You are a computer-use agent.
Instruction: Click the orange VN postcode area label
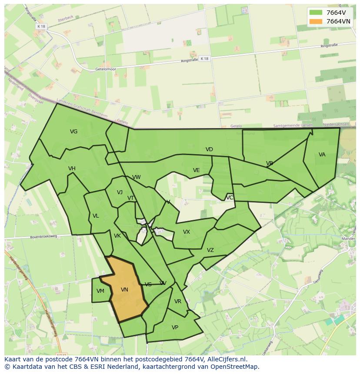pos(124,290)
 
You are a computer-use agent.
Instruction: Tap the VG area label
pos(73,132)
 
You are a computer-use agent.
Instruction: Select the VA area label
pos(322,155)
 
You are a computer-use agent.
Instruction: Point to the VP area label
pos(175,328)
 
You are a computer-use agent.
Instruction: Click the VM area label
pos(100,291)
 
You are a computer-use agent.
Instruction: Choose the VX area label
pos(187,232)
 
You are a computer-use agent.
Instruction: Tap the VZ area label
pos(210,250)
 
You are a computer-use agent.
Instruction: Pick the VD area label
pos(209,149)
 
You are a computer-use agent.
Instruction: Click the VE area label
pos(196,170)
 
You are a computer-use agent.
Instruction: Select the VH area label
pos(72,169)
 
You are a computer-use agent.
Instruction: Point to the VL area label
pos(96,216)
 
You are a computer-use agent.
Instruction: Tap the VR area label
pos(178,301)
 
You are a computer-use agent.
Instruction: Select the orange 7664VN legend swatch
pos(316,21)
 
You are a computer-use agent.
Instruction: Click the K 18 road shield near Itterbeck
pos(41,26)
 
